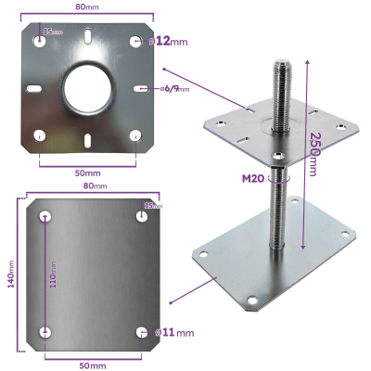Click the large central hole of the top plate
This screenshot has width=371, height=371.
click(x=86, y=88)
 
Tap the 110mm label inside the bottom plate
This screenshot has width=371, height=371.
click(x=54, y=275)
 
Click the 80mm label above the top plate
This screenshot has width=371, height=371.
click(x=87, y=7)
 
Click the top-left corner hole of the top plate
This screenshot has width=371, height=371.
click(x=40, y=41)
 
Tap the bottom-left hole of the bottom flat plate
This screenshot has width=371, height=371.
click(x=46, y=332)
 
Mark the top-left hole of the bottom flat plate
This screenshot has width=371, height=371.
click(x=46, y=216)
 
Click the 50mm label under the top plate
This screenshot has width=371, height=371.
click(x=87, y=173)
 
